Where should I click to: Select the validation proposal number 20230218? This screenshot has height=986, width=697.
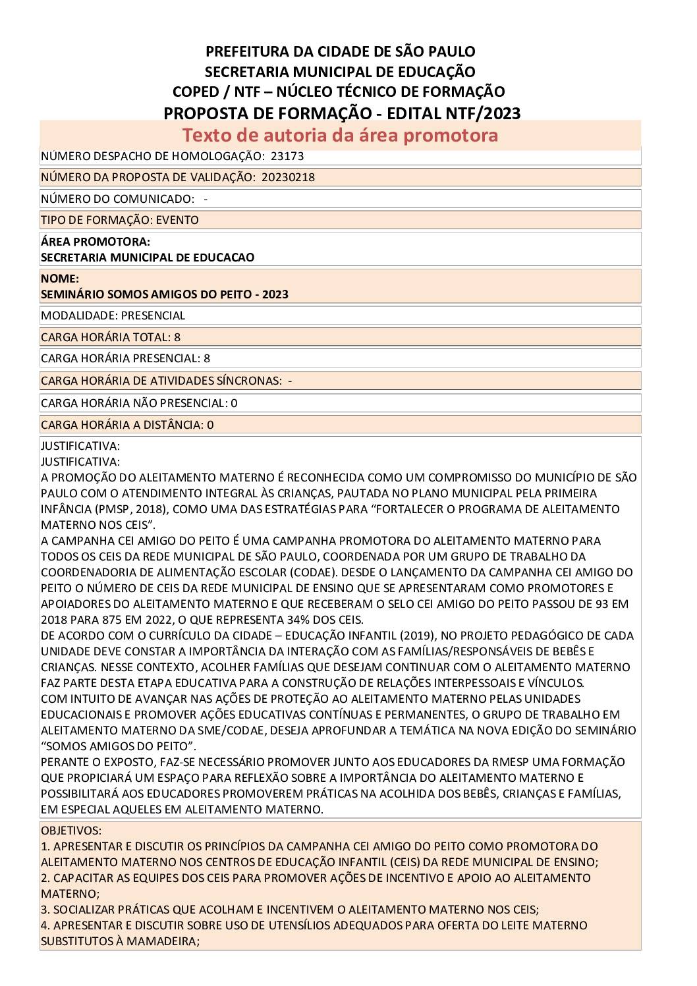point(288,177)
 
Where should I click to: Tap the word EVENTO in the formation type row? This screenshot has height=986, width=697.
point(177,220)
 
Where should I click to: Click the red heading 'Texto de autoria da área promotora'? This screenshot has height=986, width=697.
point(340,135)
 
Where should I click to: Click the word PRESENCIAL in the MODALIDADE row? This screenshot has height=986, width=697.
point(153,315)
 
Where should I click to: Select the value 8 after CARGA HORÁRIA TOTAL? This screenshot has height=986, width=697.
point(177,337)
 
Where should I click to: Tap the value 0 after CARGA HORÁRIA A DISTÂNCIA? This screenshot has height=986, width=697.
point(210,425)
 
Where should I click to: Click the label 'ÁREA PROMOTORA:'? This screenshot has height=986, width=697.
point(96,242)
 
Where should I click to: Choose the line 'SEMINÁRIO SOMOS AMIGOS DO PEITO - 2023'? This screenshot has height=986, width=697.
point(165,294)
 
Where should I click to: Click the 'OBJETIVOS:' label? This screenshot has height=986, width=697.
point(71,831)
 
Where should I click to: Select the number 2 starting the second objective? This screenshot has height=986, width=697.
point(44,878)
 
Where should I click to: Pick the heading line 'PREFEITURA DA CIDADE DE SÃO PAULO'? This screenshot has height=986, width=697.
point(340,51)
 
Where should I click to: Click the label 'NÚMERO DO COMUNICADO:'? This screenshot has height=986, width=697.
point(118,199)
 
